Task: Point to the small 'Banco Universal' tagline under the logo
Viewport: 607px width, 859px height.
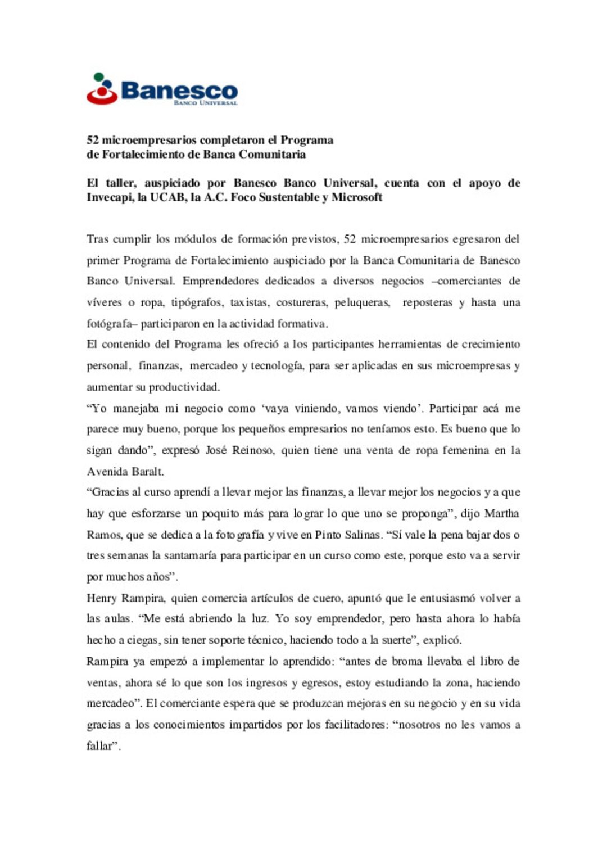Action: [206, 103]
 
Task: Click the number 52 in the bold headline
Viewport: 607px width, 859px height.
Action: [93, 140]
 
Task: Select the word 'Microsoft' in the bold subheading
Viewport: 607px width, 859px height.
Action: [357, 197]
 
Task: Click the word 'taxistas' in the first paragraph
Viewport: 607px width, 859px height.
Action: [250, 302]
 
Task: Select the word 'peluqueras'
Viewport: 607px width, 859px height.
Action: [362, 302]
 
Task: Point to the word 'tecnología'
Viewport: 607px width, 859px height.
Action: [277, 366]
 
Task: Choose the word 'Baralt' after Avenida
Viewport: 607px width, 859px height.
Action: [147, 472]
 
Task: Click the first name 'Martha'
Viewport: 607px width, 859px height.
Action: [501, 513]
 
